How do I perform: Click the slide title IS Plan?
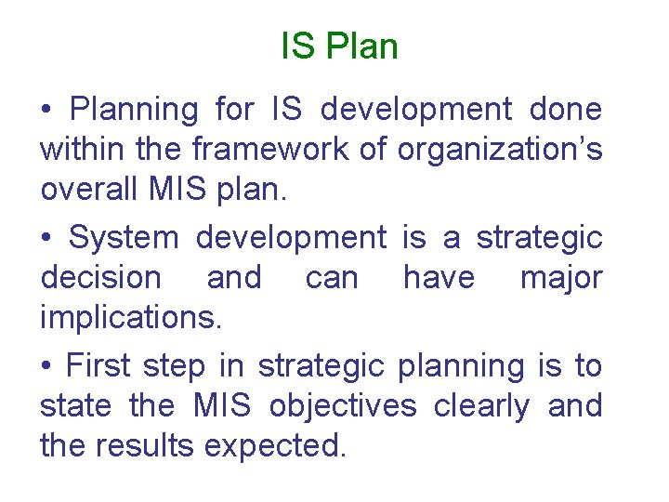[339, 46]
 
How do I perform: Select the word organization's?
[500, 150]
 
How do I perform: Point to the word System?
[125, 238]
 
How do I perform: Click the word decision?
[100, 278]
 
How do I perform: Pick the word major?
[560, 278]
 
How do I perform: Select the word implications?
[131, 318]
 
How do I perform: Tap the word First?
[98, 366]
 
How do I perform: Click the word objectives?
[356, 406]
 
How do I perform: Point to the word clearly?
[494, 406]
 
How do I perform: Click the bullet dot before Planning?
[46, 112]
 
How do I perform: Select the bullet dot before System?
[46, 240]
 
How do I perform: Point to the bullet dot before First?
[46, 368]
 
